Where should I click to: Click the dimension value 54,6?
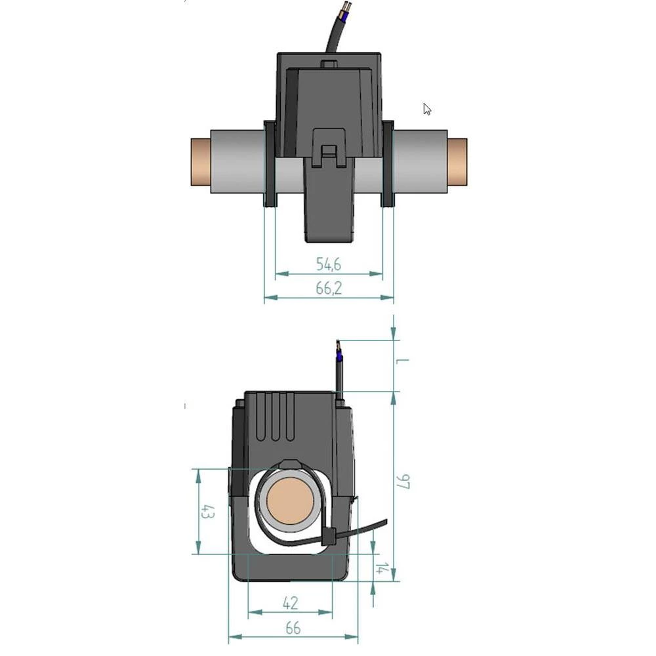(329, 264)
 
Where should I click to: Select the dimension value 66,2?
(329, 289)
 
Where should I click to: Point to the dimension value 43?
(207, 512)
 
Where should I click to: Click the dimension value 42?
(290, 602)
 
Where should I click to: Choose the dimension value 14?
(380, 568)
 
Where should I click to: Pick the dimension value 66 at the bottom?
(293, 628)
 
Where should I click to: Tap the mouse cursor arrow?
(426, 109)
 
